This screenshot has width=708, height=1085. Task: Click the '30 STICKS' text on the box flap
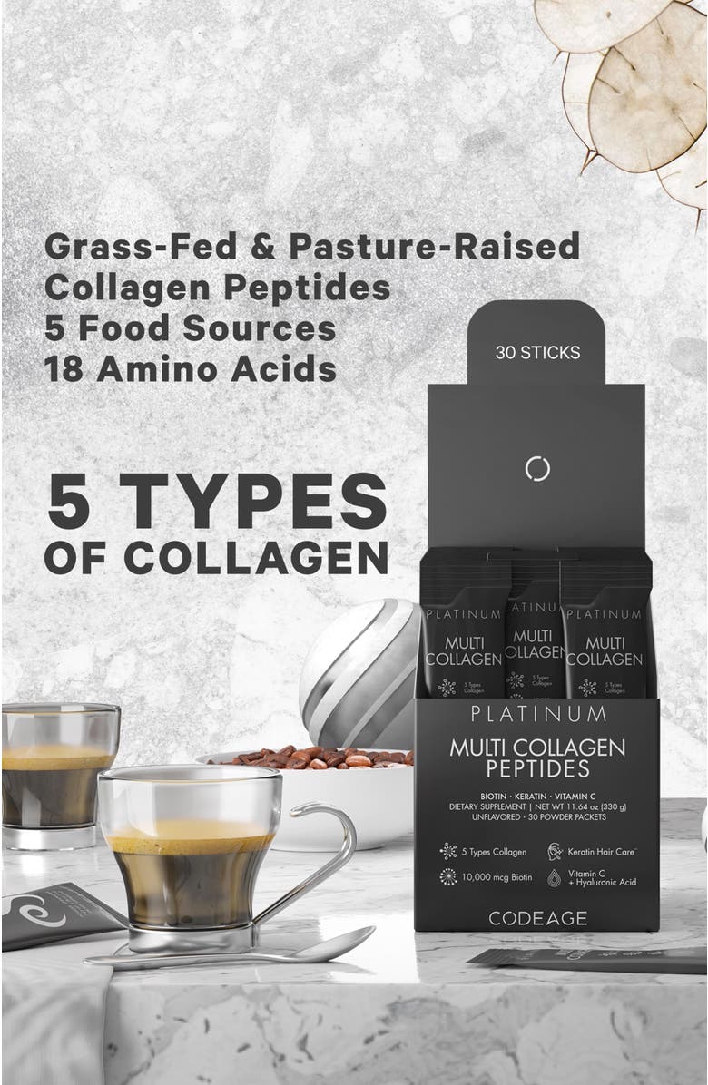pos(537,353)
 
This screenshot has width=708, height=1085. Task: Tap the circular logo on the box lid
pos(538,468)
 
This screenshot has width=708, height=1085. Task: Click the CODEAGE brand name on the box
pos(537,918)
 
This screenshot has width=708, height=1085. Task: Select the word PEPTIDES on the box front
pos(537,770)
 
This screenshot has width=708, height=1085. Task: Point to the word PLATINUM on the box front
pos(537,713)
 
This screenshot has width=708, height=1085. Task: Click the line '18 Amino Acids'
pos(191,368)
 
